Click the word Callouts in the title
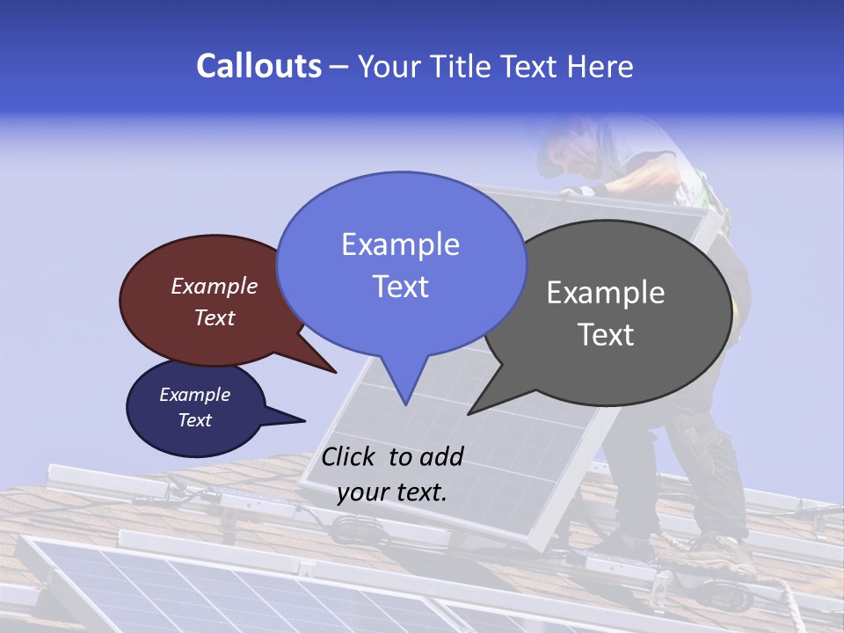tap(258, 66)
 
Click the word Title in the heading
tap(464, 66)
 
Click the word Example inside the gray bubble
tap(606, 293)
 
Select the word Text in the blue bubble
tap(401, 287)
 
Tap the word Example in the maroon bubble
tap(215, 287)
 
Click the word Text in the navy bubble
tap(195, 420)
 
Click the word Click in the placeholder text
tap(351, 456)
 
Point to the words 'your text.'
tap(392, 492)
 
